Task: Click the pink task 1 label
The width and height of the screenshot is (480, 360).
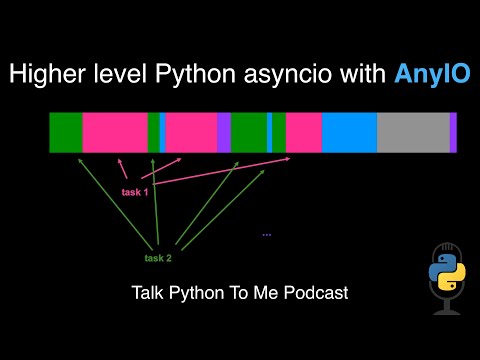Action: tap(135, 192)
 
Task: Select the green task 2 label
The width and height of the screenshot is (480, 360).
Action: tap(158, 258)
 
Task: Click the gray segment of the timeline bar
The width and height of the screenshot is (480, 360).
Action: tap(413, 133)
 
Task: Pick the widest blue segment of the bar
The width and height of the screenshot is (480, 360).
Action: tap(349, 133)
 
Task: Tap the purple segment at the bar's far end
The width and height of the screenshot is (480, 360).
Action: tap(453, 133)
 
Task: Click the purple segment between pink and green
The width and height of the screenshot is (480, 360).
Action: tap(224, 133)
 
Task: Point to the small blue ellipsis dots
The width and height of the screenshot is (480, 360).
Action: tap(267, 235)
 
